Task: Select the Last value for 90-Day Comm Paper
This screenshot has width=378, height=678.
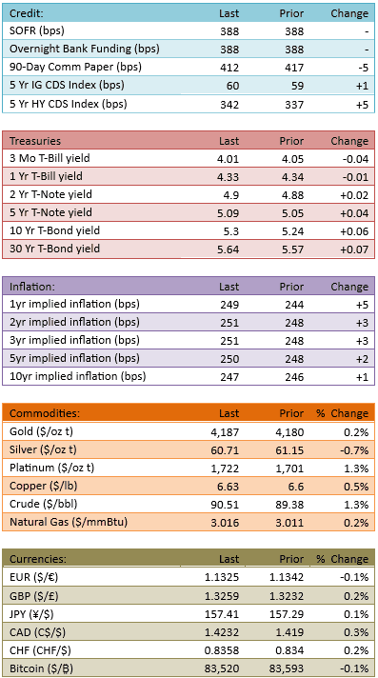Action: [x=230, y=68]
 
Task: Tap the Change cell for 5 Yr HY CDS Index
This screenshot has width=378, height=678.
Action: [x=363, y=104]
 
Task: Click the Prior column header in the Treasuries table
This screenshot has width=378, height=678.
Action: [x=292, y=141]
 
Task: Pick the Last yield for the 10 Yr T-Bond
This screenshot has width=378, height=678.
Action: [x=232, y=231]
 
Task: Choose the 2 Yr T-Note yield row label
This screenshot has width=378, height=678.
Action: [x=50, y=195]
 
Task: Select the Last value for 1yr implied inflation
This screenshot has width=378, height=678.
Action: [x=230, y=305]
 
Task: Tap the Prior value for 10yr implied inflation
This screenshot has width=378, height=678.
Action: [x=295, y=377]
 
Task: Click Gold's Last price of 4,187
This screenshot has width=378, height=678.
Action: [x=228, y=432]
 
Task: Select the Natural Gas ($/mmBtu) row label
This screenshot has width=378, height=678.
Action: [x=69, y=523]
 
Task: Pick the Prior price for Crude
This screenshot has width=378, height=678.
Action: [x=292, y=505]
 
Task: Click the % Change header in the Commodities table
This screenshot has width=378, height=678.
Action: [x=343, y=413]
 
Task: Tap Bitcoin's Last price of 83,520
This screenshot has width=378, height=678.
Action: [x=225, y=668]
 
